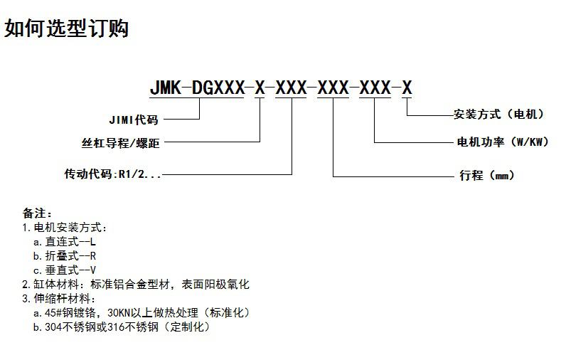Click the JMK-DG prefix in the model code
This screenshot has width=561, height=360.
click(186, 88)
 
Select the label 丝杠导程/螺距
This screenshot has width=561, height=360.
click(121, 143)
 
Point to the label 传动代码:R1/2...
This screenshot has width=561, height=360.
click(112, 174)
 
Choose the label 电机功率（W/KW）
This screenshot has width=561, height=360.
click(503, 142)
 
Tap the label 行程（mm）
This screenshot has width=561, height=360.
click(487, 175)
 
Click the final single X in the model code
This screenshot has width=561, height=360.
click(407, 88)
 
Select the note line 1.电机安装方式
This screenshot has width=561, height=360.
click(65, 228)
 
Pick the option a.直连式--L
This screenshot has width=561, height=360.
click(65, 242)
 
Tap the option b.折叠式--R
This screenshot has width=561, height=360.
click(65, 256)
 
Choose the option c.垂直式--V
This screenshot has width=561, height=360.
click(65, 270)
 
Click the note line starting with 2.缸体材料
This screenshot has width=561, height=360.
click(136, 285)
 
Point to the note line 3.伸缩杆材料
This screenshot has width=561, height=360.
click(65, 299)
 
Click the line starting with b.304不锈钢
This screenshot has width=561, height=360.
click(122, 327)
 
